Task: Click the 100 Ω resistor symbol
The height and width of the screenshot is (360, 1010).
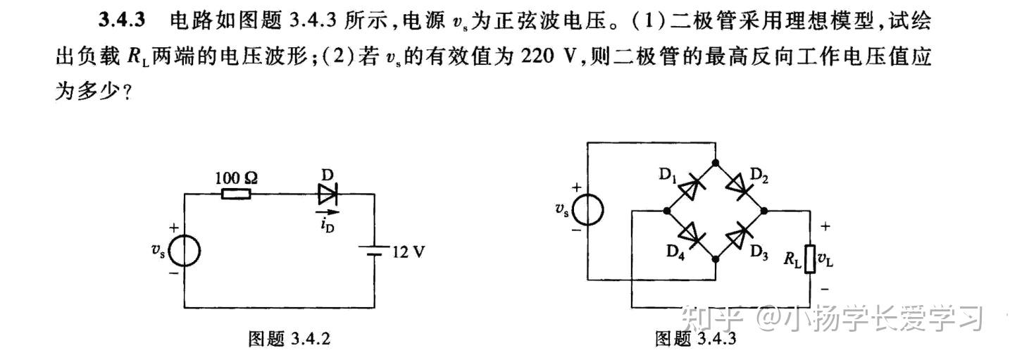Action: click(237, 194)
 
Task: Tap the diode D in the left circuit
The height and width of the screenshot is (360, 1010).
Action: click(329, 194)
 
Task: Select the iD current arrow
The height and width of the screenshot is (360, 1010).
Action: click(327, 211)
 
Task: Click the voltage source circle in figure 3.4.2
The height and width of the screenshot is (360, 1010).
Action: click(185, 252)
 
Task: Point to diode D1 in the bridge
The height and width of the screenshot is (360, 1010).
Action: click(692, 187)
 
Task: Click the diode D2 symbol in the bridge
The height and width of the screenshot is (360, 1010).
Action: click(739, 187)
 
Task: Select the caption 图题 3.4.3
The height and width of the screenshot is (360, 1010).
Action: click(695, 339)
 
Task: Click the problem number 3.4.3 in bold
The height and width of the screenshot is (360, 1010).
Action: click(122, 20)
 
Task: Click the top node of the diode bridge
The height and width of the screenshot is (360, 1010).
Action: click(716, 163)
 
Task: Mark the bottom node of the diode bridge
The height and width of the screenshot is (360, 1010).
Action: click(716, 260)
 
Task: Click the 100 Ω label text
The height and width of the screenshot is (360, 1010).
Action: click(237, 178)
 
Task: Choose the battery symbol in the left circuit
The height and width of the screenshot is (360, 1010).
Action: click(373, 251)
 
